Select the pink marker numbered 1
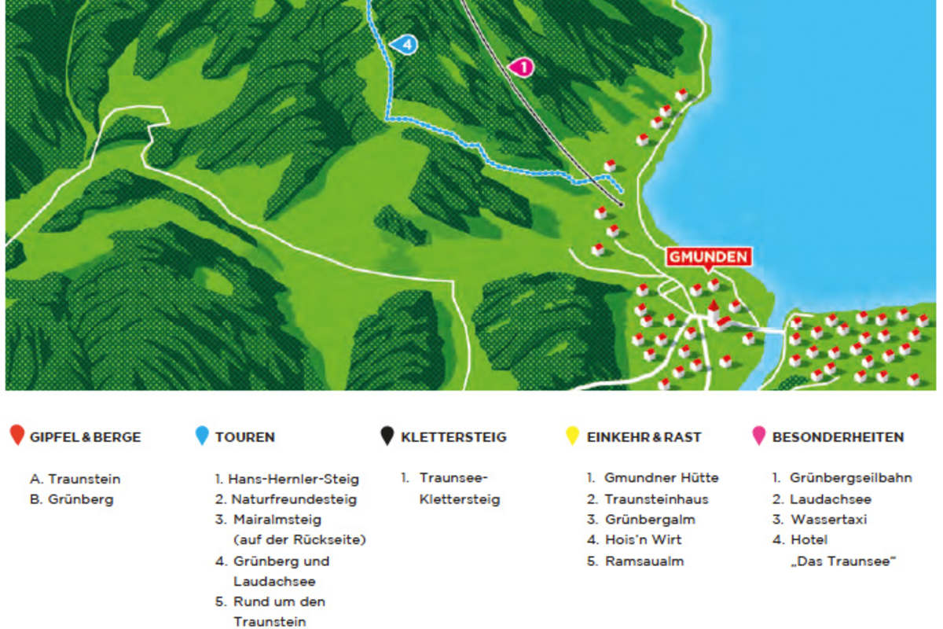(521, 68)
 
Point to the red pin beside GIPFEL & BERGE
(17, 436)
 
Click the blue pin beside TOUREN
(202, 436)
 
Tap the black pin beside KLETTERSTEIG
(387, 436)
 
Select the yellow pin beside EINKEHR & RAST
(572, 436)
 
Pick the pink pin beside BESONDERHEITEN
(758, 436)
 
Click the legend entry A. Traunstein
(75, 478)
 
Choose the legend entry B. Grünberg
(72, 499)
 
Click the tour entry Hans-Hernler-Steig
(287, 478)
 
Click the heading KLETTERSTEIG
(453, 436)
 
